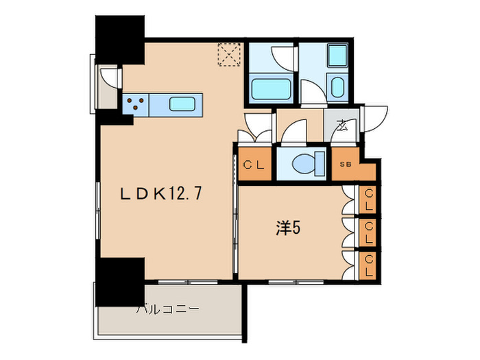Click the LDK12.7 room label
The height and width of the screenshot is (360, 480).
click(x=161, y=194)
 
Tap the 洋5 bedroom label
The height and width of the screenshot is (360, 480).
click(x=287, y=227)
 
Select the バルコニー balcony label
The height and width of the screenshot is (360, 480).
click(x=168, y=309)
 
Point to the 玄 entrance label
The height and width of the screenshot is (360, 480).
click(x=342, y=125)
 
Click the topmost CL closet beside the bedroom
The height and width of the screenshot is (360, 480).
click(x=368, y=200)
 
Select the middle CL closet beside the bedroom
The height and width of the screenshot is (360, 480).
click(x=368, y=232)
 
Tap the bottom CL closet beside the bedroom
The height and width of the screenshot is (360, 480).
click(x=368, y=264)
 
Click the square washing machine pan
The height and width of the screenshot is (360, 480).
click(x=337, y=55)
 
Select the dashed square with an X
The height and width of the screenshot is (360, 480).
click(x=228, y=54)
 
